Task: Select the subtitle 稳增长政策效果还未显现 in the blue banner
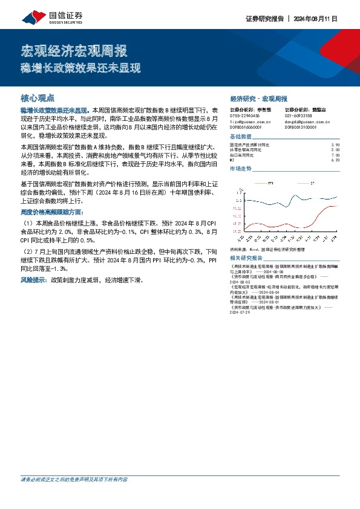[81, 67]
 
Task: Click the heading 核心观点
[38, 97]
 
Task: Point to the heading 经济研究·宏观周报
[259, 98]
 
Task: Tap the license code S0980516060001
[246, 127]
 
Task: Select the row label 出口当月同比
[242, 155]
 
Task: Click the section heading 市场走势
[241, 169]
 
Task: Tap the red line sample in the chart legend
[261, 182]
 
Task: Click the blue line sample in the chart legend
[302, 182]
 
